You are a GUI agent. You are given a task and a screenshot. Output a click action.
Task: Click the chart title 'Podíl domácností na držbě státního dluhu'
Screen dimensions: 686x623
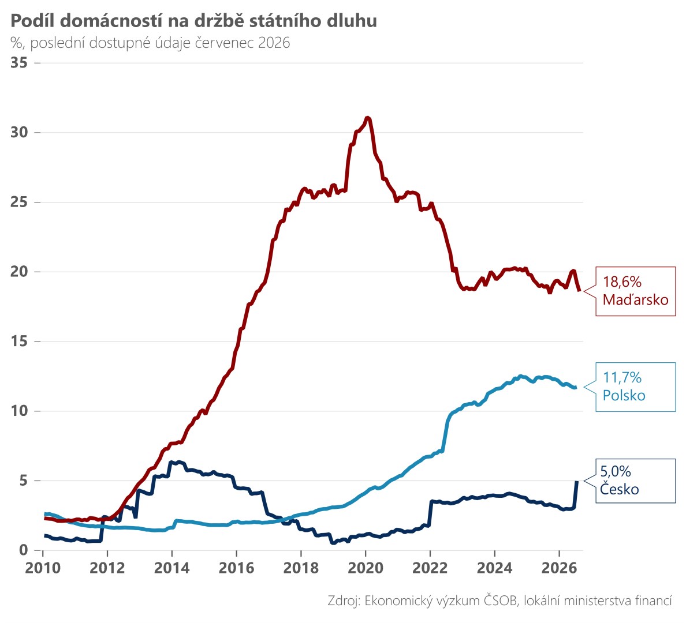(x=193, y=21)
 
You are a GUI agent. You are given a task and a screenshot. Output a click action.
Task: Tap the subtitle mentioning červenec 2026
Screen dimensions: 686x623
(x=150, y=43)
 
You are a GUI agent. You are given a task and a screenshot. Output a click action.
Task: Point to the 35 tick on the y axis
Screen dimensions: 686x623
(x=19, y=62)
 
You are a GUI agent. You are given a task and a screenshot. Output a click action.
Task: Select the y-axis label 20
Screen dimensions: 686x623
(x=19, y=272)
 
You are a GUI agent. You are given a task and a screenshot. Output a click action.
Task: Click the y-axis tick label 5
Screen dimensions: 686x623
(x=23, y=481)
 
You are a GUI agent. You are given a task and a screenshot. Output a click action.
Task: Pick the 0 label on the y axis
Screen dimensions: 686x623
(x=23, y=550)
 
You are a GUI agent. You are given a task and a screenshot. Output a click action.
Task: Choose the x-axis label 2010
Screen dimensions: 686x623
(x=42, y=568)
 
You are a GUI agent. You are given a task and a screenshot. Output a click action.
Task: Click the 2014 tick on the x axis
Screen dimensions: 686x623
(x=172, y=568)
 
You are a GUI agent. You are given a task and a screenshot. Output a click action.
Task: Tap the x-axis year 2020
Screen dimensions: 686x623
(x=366, y=568)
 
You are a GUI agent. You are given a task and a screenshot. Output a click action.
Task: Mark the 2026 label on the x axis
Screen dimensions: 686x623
(x=559, y=568)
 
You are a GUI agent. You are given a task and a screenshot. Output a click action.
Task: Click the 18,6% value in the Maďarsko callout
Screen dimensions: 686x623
(x=622, y=282)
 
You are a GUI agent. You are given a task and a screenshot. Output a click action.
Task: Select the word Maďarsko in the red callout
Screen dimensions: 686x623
(x=636, y=299)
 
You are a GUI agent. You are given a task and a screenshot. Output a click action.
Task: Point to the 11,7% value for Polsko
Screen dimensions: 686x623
(x=622, y=377)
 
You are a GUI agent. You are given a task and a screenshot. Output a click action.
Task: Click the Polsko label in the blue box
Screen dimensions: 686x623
(x=624, y=395)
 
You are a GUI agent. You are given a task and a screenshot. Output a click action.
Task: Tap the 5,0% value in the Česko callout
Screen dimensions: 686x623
(x=616, y=471)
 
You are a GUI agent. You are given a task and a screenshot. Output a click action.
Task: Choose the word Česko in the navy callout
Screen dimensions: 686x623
(x=620, y=489)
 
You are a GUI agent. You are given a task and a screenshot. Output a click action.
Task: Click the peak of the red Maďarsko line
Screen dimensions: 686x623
(x=367, y=118)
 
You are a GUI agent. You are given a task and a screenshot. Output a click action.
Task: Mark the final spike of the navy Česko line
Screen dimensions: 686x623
(x=577, y=481)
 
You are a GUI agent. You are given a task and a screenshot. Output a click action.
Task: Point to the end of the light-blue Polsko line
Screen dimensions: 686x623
(x=576, y=387)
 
